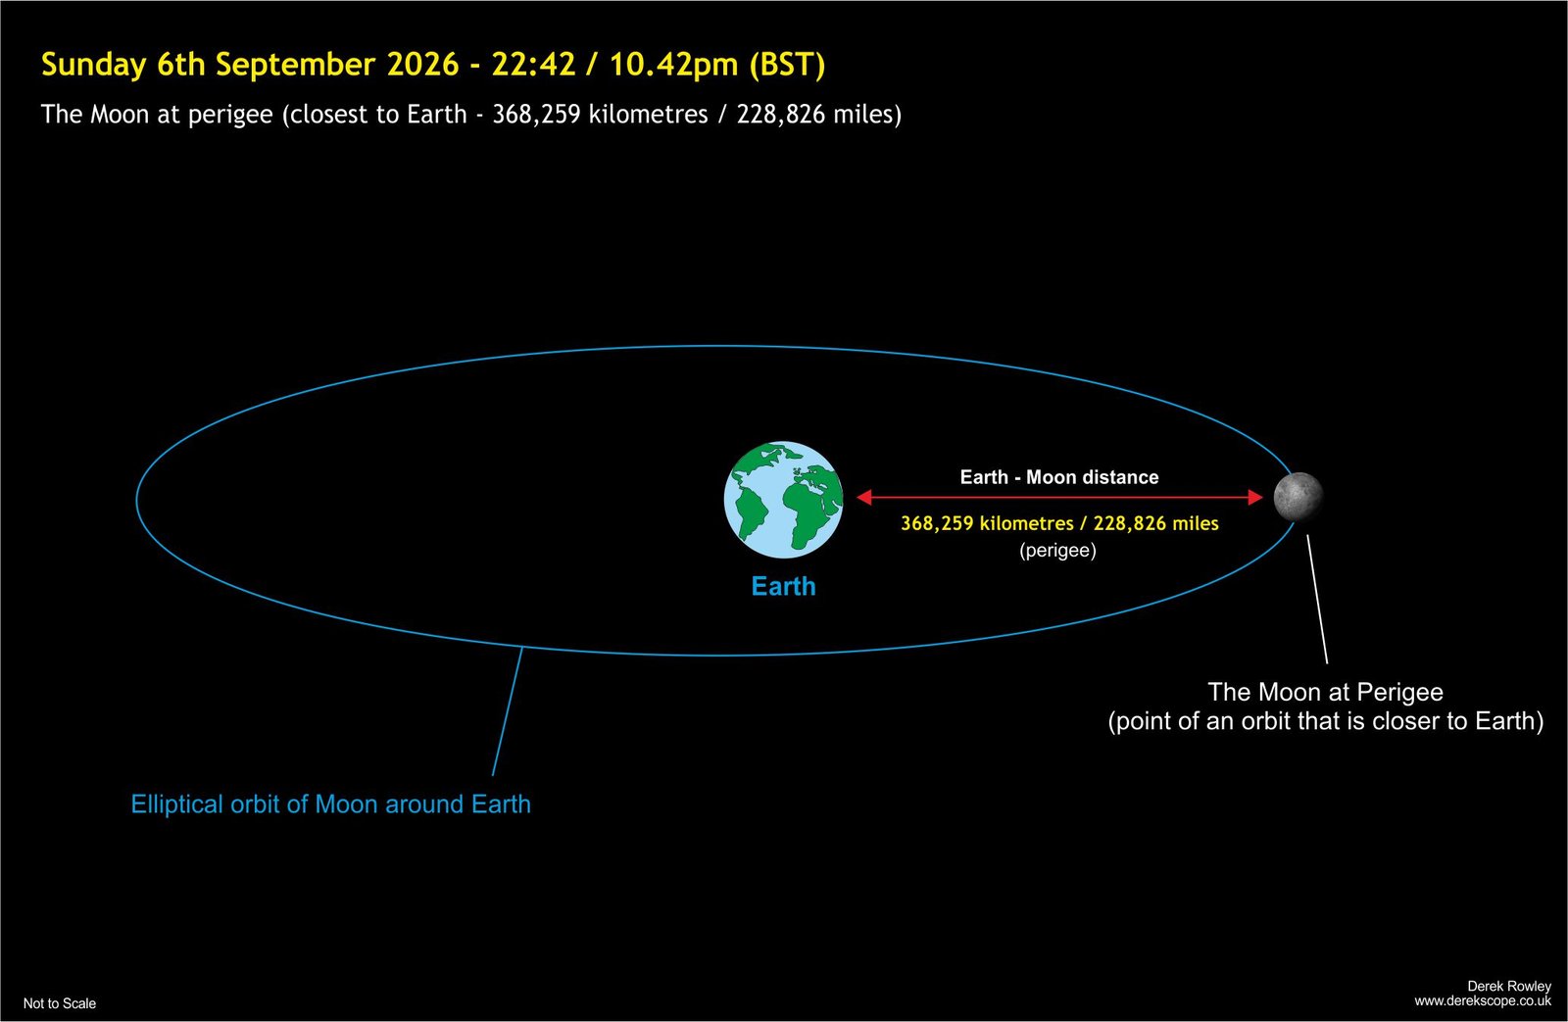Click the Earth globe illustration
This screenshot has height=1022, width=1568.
click(x=783, y=500)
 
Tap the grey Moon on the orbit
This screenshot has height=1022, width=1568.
click(x=1298, y=497)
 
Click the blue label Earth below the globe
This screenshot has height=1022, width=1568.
click(x=783, y=586)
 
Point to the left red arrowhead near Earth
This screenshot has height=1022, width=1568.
click(x=863, y=497)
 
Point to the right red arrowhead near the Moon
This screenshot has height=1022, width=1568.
click(x=1255, y=497)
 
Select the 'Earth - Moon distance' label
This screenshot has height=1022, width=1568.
click(x=1059, y=477)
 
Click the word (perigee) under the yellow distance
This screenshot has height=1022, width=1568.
click(x=1057, y=551)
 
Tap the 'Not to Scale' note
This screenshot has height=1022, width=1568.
click(x=60, y=1003)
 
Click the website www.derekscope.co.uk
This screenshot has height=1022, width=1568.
click(x=1483, y=1001)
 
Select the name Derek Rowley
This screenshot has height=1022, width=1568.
click(x=1509, y=986)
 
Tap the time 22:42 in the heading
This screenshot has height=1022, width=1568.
click(x=533, y=65)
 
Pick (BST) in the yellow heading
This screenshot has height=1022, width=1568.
click(x=787, y=65)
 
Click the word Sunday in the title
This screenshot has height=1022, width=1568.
click(x=94, y=66)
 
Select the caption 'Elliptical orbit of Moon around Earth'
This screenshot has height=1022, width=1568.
click(x=330, y=804)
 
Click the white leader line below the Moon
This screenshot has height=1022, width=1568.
click(x=1317, y=600)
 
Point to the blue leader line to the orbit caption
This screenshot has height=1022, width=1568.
click(x=508, y=711)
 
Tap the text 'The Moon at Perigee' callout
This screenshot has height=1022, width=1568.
click(x=1326, y=693)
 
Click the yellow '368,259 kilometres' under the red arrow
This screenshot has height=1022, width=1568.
click(x=987, y=523)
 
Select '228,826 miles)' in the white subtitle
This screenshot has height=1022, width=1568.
click(x=819, y=114)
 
